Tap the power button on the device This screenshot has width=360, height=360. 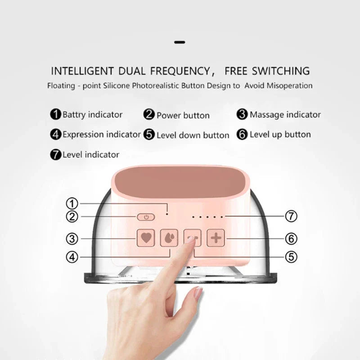146,217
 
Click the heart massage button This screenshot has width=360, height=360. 146,238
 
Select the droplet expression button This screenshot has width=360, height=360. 169,238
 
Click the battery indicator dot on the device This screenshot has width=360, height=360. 167,214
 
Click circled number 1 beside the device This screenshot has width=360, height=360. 72,203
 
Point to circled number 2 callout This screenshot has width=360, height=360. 72,216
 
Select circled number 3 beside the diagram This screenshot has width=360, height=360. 72,239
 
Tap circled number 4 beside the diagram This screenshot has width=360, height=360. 72,257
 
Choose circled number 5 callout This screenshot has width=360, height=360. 291,256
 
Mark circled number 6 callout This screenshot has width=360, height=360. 291,239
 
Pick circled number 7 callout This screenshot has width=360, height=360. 291,216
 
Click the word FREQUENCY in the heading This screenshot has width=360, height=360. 180,71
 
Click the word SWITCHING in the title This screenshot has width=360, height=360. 281,71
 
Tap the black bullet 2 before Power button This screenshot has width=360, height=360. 149,114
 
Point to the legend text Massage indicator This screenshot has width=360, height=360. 285,115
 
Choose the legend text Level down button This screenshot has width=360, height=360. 193,135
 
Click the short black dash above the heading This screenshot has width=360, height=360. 180,42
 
